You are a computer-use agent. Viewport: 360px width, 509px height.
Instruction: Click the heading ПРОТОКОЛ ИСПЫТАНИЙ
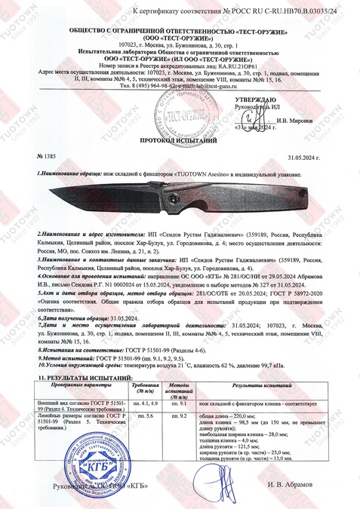tap(180, 140)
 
